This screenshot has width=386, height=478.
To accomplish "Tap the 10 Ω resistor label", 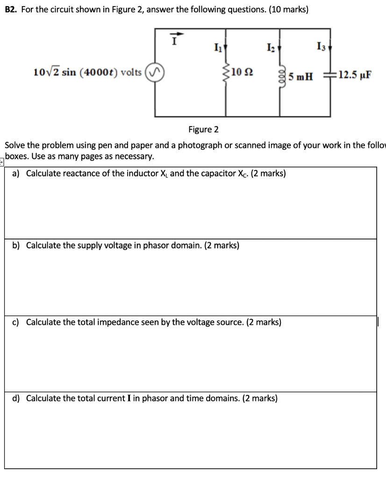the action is [243, 72].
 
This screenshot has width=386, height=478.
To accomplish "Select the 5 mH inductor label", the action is [300, 76].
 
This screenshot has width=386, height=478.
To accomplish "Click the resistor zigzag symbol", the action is [227, 73].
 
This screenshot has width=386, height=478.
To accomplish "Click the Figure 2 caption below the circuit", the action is [203, 129].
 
